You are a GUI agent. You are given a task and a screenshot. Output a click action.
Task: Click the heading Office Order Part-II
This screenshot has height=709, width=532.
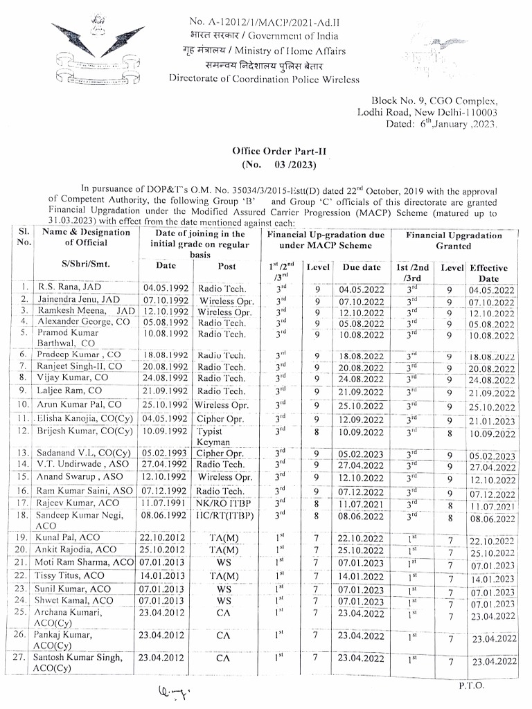tap(278, 151)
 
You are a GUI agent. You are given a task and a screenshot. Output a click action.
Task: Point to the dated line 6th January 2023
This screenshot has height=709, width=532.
tap(441, 124)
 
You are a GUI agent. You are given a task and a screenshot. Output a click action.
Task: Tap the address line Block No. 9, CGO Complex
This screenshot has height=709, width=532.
tap(434, 100)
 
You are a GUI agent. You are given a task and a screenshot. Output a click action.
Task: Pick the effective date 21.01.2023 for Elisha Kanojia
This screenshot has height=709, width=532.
tap(492, 421)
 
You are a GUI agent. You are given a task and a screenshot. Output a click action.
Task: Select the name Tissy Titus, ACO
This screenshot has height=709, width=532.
tap(71, 575)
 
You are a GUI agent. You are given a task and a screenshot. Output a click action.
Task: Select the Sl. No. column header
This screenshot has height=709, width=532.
tap(24, 237)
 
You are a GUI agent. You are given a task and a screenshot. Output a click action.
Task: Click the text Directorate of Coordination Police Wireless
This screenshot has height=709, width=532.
tap(264, 79)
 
